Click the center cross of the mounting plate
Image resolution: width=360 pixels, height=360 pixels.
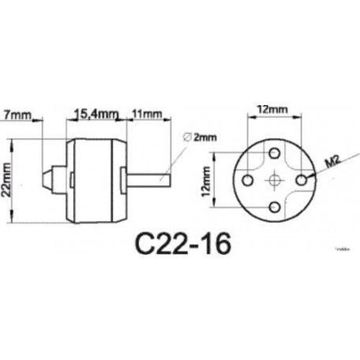[273, 180]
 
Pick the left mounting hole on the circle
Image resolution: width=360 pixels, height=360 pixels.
[245, 180]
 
